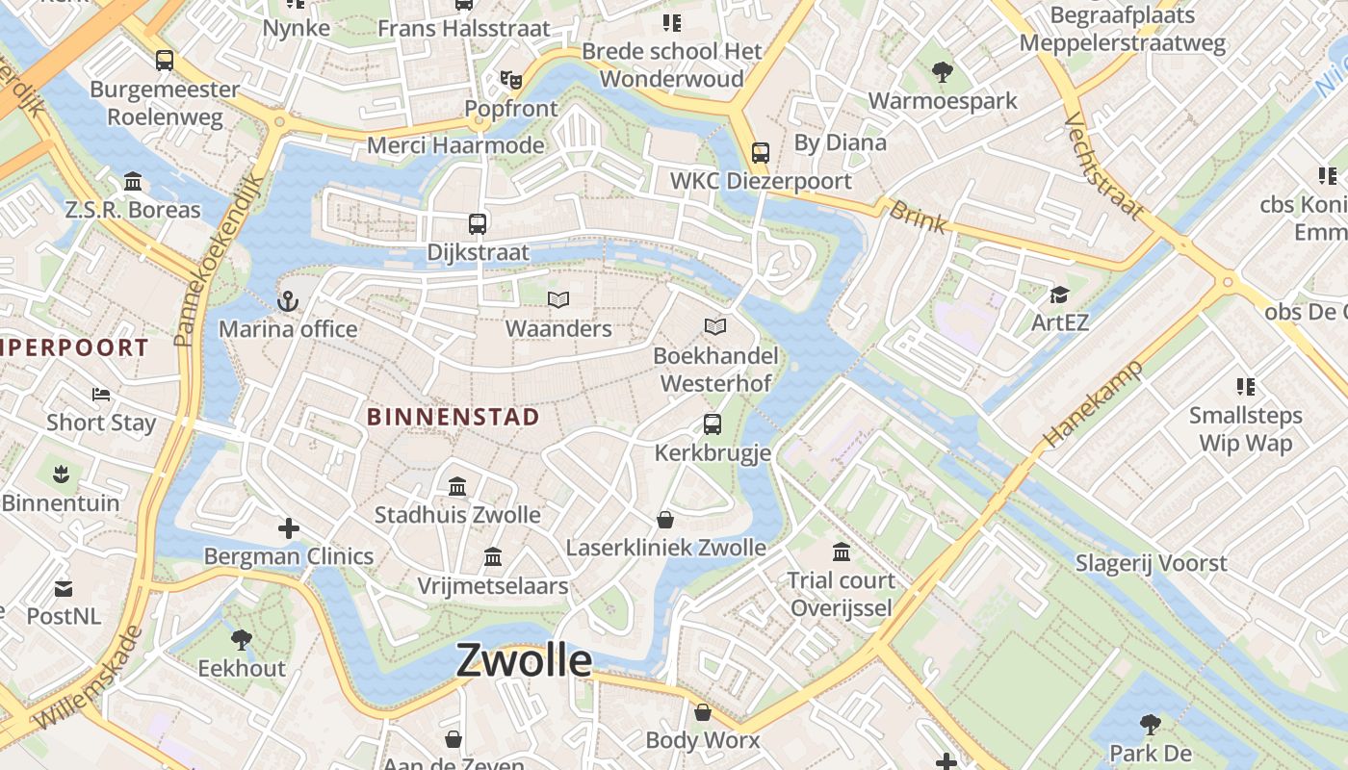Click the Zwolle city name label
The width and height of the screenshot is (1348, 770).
coord(524,660)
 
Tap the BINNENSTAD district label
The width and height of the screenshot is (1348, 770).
coord(453,417)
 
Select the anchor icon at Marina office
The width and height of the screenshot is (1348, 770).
coord(287,302)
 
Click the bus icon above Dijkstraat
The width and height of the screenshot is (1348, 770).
coord(478,224)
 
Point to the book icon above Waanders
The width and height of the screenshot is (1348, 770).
coord(558,300)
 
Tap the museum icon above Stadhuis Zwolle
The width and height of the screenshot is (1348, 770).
coord(457,486)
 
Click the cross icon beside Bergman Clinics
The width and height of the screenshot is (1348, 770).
coord(289,528)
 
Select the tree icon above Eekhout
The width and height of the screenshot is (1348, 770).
coord(242,639)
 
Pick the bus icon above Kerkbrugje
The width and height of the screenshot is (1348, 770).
coord(713,424)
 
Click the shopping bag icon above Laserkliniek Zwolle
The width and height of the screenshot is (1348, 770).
coord(665,521)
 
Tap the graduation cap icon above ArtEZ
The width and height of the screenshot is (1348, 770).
coord(1059,295)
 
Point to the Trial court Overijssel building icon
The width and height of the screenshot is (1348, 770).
coord(842,552)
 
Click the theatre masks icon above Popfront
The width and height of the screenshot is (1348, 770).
coord(511,80)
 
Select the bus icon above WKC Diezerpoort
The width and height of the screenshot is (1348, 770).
coord(761,152)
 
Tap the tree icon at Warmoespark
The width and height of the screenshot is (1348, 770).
coord(942,71)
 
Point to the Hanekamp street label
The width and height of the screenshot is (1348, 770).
coord(1092,403)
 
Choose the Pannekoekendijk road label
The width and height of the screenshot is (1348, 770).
coord(220,260)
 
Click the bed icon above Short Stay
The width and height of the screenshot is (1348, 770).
coord(101,394)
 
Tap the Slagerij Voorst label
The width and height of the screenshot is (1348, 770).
coord(1151,563)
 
